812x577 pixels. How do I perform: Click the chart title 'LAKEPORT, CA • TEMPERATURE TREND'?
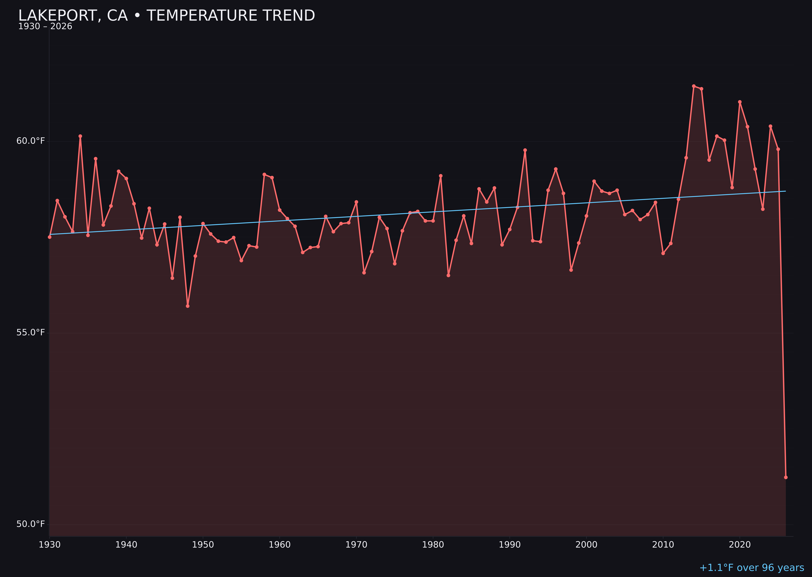point(166,16)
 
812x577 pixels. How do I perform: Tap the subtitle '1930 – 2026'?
point(45,27)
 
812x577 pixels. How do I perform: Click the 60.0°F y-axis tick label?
point(31,141)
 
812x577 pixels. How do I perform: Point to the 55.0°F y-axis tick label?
point(31,333)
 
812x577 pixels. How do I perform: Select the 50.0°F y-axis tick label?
point(31,524)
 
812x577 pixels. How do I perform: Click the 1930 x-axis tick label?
point(49,545)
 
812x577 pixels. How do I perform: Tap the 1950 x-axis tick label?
point(203,545)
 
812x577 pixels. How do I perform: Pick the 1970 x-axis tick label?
point(356,545)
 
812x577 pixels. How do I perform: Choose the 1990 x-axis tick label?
point(510,545)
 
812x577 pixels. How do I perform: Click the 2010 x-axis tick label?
point(663,545)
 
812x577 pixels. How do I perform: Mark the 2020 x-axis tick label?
point(740,545)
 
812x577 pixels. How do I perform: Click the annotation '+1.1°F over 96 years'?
point(752,568)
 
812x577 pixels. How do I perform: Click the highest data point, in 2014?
point(694,86)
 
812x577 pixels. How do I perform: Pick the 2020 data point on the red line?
point(740,102)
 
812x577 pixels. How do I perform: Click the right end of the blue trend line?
point(785,191)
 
